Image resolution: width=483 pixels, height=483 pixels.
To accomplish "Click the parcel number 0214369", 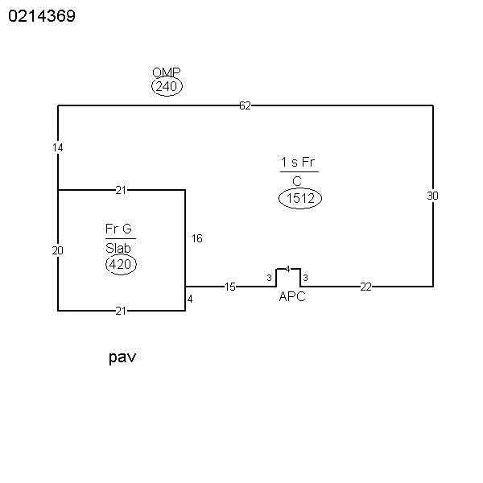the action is (42, 16).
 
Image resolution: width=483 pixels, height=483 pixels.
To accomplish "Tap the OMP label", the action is (167, 72).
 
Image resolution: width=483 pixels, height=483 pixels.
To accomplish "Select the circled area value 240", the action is (167, 86).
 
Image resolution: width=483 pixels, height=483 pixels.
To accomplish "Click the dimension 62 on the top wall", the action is (246, 106).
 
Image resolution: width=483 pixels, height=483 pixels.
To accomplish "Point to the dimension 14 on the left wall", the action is (58, 148).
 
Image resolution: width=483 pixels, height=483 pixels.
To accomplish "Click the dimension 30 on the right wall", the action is (432, 196).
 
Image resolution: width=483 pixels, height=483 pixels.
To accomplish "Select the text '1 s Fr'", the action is (298, 162).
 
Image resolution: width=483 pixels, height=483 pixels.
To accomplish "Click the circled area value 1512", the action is (300, 198).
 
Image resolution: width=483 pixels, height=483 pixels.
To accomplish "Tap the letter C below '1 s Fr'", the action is (297, 181).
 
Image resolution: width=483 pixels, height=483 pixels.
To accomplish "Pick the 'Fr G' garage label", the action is (118, 229).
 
